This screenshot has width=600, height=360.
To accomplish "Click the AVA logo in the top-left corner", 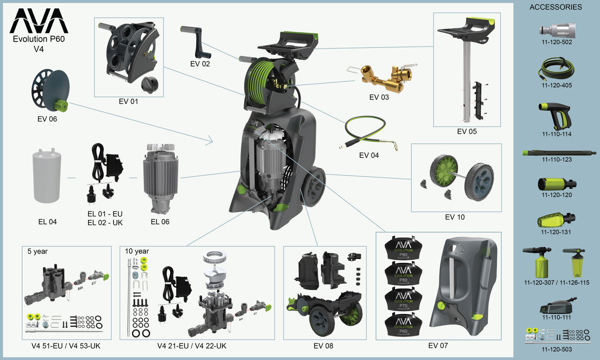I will pos(39,21).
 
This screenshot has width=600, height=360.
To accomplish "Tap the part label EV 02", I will pos(200,63).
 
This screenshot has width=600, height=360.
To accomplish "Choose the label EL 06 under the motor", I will pos(160,221).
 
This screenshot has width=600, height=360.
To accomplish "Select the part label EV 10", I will pos(455,217).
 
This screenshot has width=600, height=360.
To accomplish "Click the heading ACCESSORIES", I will pos(555,7).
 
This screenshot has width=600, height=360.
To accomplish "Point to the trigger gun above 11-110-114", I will pos(555,114).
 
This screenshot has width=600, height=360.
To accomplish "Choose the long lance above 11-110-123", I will pos(558,152).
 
